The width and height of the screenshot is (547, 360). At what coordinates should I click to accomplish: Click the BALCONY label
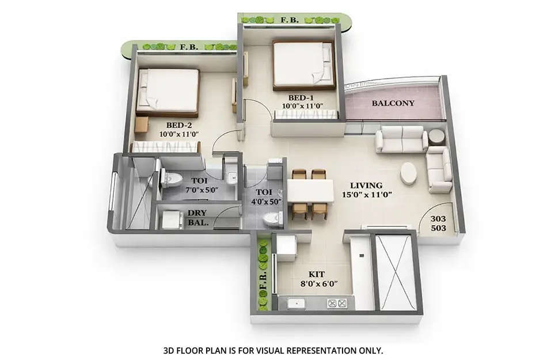393,104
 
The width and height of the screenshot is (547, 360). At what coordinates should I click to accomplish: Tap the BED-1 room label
302,97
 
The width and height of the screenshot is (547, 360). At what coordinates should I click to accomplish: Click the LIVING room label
367,185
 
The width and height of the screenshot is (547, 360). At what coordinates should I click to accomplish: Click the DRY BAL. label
197,217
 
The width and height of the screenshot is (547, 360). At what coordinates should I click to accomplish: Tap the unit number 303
439,219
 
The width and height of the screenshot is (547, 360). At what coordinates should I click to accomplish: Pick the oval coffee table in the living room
409,173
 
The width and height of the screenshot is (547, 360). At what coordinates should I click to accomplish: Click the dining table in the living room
310,191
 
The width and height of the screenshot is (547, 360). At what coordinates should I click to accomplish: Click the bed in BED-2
168,91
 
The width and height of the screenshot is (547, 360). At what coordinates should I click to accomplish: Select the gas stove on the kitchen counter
337,303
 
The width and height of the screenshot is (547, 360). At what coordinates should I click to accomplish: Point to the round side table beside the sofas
436,137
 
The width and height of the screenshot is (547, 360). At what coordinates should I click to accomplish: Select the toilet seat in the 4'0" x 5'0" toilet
271,218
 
